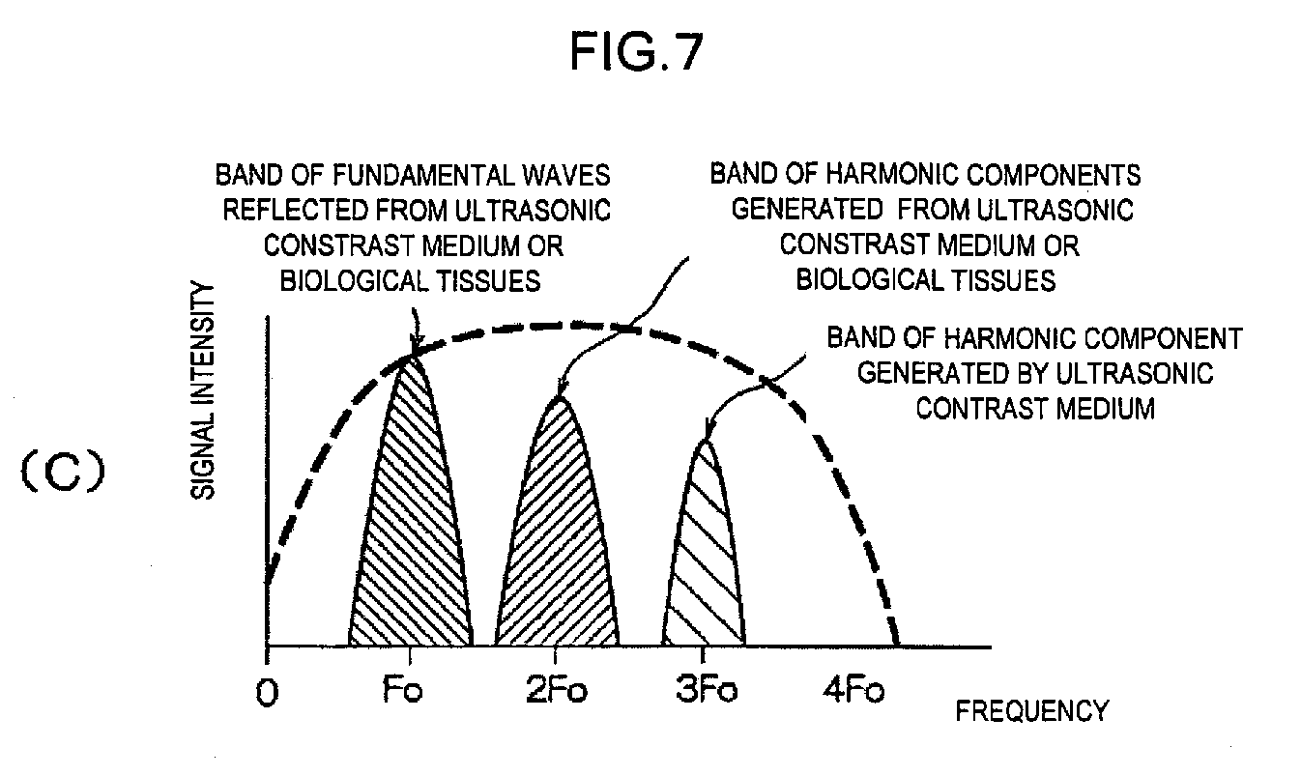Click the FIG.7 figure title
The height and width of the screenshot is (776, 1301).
(x=636, y=53)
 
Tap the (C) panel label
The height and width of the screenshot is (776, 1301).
(x=61, y=474)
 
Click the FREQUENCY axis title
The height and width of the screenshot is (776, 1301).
(x=1031, y=713)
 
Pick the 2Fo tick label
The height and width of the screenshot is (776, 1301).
(x=554, y=693)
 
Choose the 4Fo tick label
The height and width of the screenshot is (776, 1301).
(x=852, y=693)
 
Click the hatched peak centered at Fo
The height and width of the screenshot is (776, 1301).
(x=411, y=522)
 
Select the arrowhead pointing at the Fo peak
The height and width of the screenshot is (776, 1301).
(x=415, y=349)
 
